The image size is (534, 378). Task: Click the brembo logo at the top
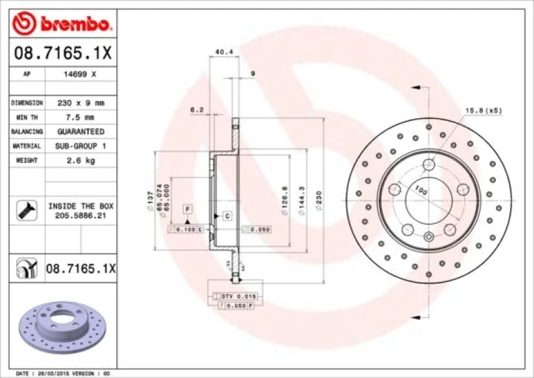61,25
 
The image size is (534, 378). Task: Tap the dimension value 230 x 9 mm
81,103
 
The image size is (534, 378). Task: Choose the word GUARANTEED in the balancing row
81,132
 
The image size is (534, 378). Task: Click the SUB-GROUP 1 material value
81,146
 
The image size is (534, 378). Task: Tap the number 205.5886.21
81,216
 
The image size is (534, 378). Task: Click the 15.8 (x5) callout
483,110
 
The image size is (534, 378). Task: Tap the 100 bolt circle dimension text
421,191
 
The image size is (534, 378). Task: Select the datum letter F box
188,210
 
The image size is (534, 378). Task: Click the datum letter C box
227,215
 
